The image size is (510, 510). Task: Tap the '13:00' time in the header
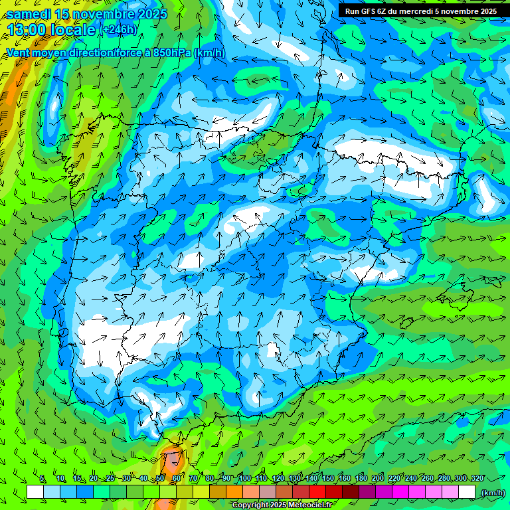click(26, 30)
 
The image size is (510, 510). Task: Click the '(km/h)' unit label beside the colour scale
click(492, 492)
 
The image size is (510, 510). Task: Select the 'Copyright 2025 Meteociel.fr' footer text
click(282, 505)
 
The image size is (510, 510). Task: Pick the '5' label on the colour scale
click(42, 479)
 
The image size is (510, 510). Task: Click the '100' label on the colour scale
click(245, 479)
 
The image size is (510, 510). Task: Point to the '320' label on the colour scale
click(477, 479)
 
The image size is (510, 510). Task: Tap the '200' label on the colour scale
click(378, 479)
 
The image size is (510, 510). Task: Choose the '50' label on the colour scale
click(159, 479)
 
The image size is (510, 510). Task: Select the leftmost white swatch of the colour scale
click(35, 492)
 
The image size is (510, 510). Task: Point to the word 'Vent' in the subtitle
click(19, 52)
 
